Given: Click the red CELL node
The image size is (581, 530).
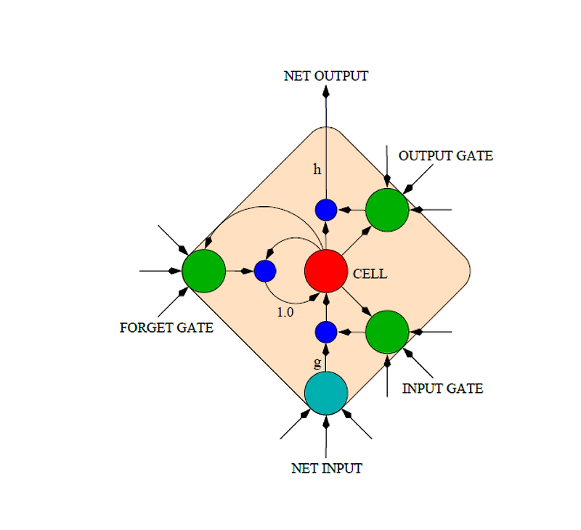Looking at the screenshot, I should coord(326,271).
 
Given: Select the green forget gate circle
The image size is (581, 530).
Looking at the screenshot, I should coord(203,271).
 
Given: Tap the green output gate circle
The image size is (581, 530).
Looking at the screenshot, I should coord(387,210).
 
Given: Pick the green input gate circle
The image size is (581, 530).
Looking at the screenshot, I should coord(387,332).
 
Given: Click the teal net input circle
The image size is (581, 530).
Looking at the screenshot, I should coord(326,393).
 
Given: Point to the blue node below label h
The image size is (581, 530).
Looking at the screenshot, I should coord(326,210).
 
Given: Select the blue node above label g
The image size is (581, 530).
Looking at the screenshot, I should coord(326,332).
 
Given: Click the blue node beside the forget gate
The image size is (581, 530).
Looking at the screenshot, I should coord(265,271).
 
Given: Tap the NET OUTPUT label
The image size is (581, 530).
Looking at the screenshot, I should coord(326,76).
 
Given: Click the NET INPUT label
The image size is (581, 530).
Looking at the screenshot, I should coord(326,468).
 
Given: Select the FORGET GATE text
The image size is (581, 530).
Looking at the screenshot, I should coord(166,327).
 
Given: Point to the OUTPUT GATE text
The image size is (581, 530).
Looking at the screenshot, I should coord(445,156).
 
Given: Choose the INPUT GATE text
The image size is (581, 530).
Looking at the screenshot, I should coord(442,388).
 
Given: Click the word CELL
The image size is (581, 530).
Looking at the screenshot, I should coord(370,274).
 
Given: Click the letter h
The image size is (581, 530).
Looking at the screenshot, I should coord(317,170).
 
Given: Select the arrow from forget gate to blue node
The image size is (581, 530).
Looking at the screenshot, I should coord(240,271).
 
